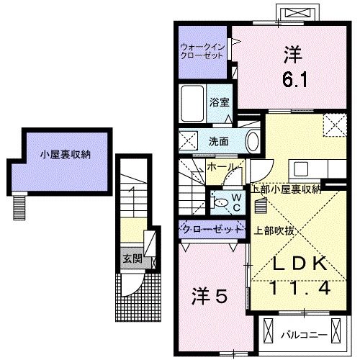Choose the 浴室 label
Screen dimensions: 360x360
click(219, 102)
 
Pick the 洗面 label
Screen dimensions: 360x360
click(219, 141)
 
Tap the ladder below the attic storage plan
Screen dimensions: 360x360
click(18, 207)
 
